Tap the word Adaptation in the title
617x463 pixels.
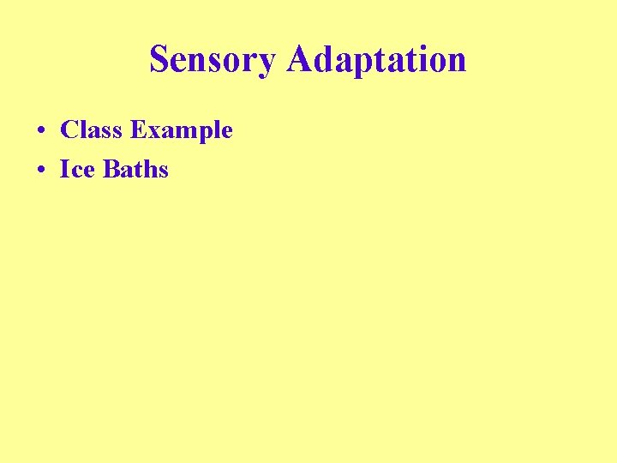tap(376, 60)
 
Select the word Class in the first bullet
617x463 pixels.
tap(91, 130)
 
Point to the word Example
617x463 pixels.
tap(182, 131)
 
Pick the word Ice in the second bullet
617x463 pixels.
tap(78, 169)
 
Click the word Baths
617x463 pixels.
tap(135, 169)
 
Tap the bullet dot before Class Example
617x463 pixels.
tap(41, 131)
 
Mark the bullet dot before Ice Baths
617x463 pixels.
tap(41, 170)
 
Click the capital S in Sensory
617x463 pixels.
tap(159, 60)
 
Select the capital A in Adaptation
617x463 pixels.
tap(301, 59)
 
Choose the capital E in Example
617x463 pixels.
tap(137, 130)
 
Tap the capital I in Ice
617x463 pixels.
tap(64, 169)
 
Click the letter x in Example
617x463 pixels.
tap(152, 132)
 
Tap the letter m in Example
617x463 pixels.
tap(181, 132)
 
